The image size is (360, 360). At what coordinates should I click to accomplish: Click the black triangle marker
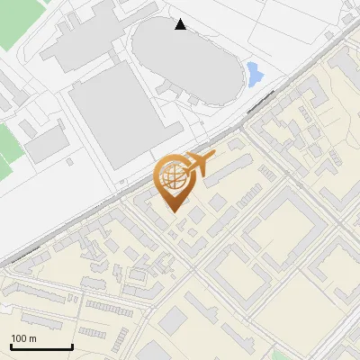tap(181, 25)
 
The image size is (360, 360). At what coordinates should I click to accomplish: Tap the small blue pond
tap(254, 73)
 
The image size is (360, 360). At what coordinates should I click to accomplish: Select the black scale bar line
tap(41, 347)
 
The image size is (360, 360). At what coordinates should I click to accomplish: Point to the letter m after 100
tap(32, 338)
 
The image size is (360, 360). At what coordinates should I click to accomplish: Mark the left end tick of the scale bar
tap(11, 346)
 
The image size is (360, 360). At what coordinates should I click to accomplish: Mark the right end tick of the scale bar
tap(72, 346)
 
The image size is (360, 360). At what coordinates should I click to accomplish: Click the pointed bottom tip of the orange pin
tap(173, 212)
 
